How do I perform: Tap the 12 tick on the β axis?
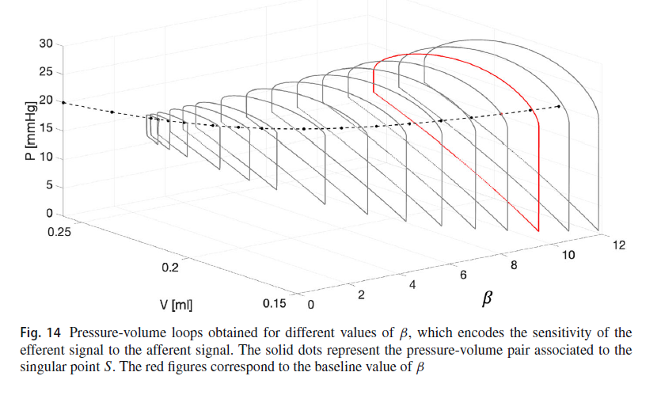pos(619,245)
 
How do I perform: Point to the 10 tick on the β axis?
pos(568,255)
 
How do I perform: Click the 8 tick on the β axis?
pos(515,265)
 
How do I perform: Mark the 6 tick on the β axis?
pos(463,275)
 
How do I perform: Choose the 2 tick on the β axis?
pos(362,295)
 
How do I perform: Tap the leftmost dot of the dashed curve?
pos(63,103)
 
